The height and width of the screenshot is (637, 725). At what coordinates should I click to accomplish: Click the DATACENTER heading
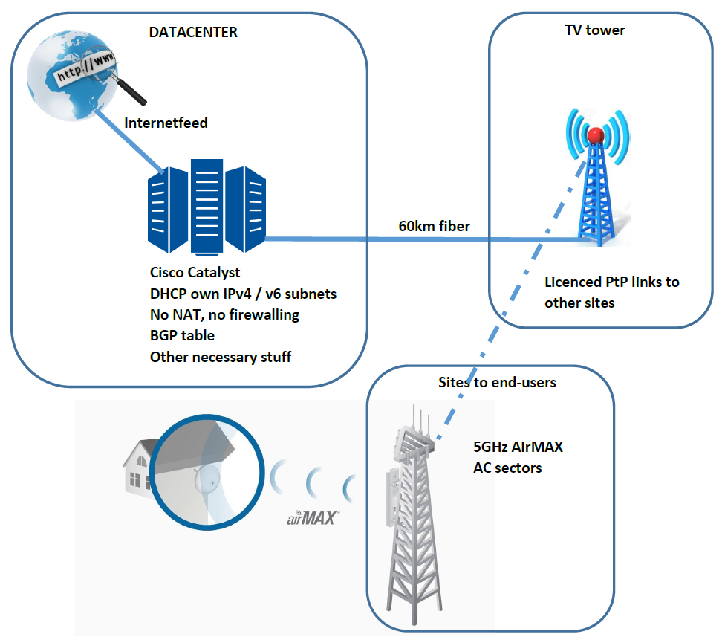coord(194,32)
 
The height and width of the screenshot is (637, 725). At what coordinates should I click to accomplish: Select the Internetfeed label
coord(166,123)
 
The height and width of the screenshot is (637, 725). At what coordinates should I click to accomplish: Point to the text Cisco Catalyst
coord(195,273)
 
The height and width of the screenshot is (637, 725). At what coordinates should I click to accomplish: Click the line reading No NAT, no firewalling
coord(224,314)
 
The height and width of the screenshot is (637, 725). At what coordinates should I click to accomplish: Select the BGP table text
coord(182,336)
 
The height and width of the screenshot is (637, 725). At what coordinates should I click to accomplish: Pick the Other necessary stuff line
coord(221,357)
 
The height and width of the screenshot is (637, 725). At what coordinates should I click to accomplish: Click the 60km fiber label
coord(435,226)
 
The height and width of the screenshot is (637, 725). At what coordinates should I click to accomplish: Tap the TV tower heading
coord(595,30)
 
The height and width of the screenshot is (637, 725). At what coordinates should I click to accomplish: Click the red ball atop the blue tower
coord(595,135)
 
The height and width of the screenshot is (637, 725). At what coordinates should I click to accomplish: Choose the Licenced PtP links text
coord(611,282)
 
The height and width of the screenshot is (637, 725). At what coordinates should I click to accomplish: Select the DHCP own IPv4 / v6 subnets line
coord(243,294)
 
